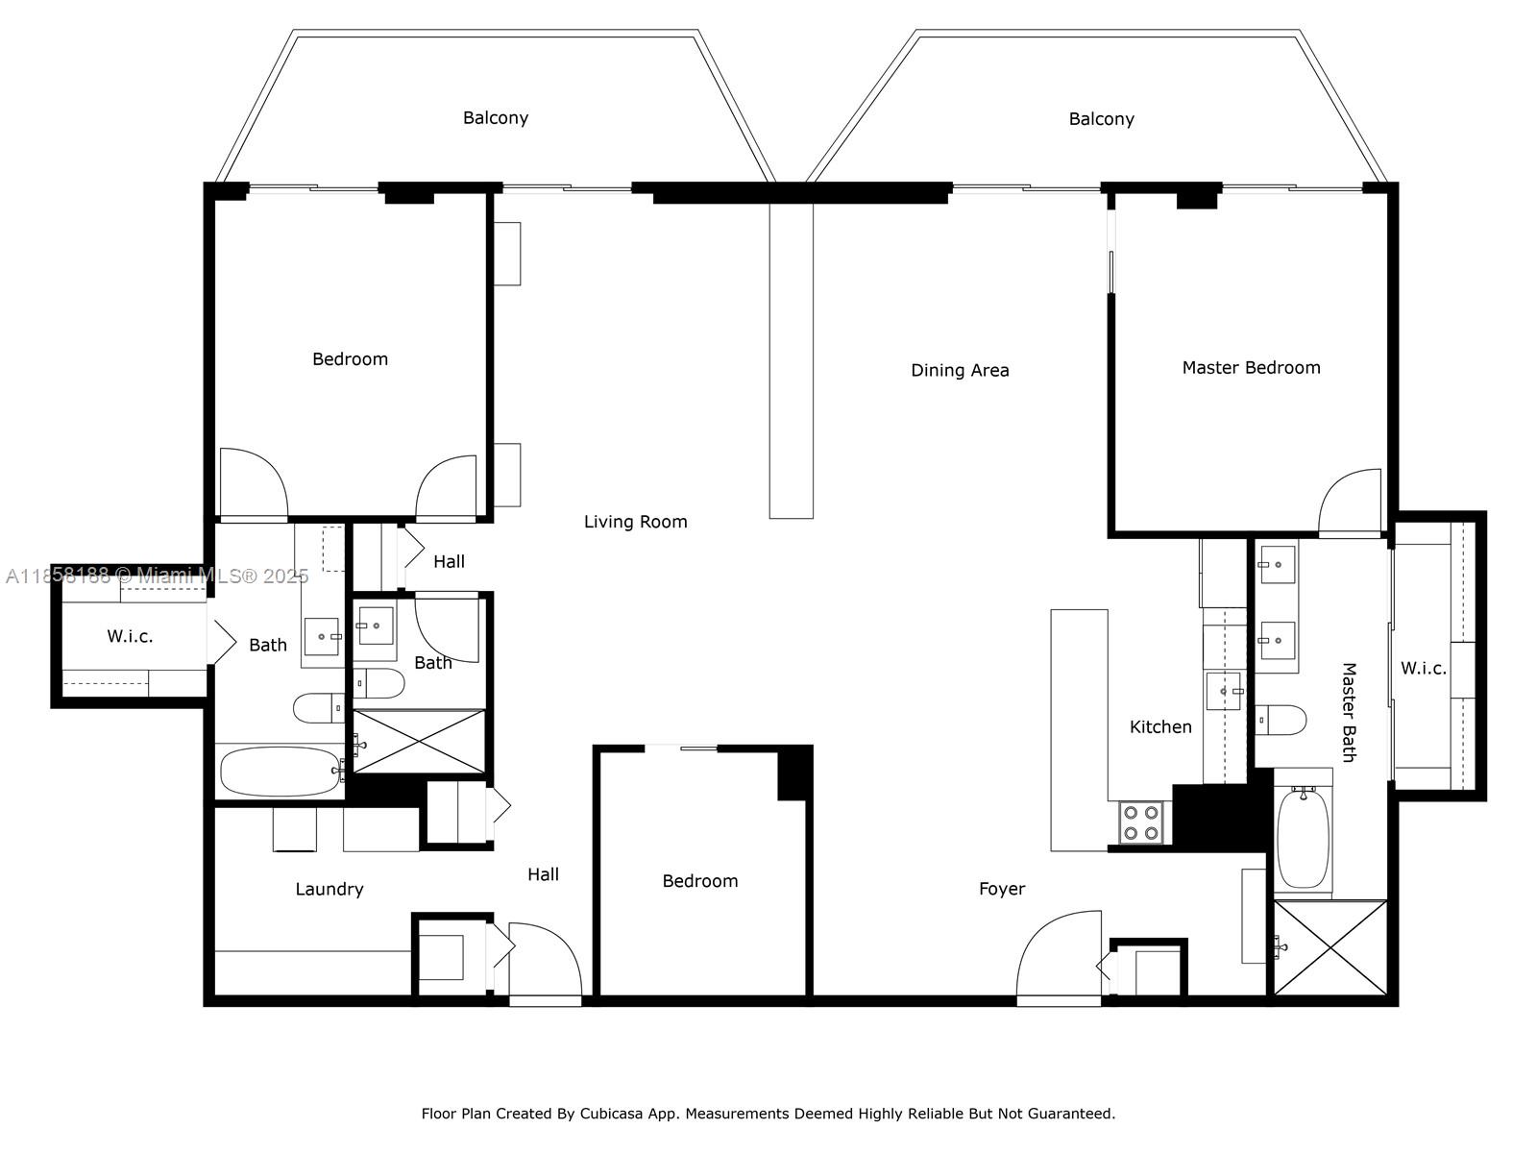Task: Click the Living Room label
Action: (635, 522)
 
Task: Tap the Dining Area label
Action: (960, 370)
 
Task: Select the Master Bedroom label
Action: (1251, 367)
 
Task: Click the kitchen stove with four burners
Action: (1141, 822)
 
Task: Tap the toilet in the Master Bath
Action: (1281, 720)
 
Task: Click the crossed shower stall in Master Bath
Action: (1330, 947)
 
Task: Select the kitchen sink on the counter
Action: (1224, 691)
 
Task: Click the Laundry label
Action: (329, 889)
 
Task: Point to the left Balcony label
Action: (496, 117)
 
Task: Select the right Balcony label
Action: (1101, 119)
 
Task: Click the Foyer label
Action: (1002, 889)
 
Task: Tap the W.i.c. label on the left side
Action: (130, 636)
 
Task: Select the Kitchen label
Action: (1160, 726)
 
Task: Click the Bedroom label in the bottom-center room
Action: (700, 881)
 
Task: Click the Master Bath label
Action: (1348, 712)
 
